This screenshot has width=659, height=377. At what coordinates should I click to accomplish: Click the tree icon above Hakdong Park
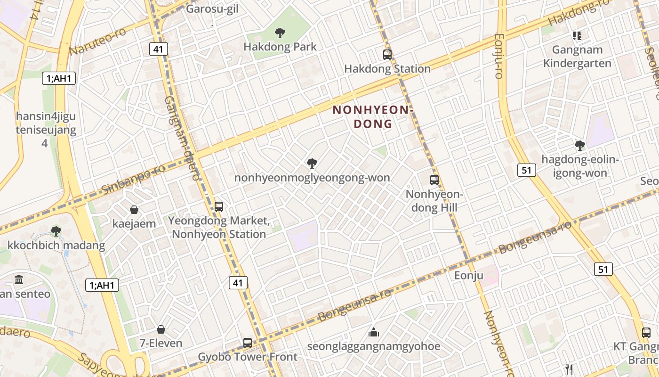click(280, 33)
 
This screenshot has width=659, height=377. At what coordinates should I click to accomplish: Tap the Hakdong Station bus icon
click(387, 55)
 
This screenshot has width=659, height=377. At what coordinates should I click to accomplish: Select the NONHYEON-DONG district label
click(372, 117)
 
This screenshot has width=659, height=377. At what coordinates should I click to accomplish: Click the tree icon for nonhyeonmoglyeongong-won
click(312, 164)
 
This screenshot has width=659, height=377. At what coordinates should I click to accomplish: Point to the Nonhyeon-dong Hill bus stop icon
click(434, 180)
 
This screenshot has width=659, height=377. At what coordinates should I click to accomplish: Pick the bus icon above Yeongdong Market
click(219, 206)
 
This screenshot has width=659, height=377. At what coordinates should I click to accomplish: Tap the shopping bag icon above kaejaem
click(134, 210)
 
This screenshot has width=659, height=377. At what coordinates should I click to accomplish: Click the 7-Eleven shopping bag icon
click(161, 329)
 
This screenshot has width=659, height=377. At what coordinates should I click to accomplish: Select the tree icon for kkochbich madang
click(56, 231)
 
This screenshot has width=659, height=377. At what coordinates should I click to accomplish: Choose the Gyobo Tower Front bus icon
click(248, 343)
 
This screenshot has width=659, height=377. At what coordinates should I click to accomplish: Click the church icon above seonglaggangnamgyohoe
click(374, 332)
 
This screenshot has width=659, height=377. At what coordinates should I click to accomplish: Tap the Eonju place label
click(468, 275)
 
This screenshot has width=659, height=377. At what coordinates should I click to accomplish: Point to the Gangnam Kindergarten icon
click(577, 35)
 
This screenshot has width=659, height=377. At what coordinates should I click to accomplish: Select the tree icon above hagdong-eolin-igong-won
click(580, 145)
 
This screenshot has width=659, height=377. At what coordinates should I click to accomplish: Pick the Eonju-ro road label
click(499, 56)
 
